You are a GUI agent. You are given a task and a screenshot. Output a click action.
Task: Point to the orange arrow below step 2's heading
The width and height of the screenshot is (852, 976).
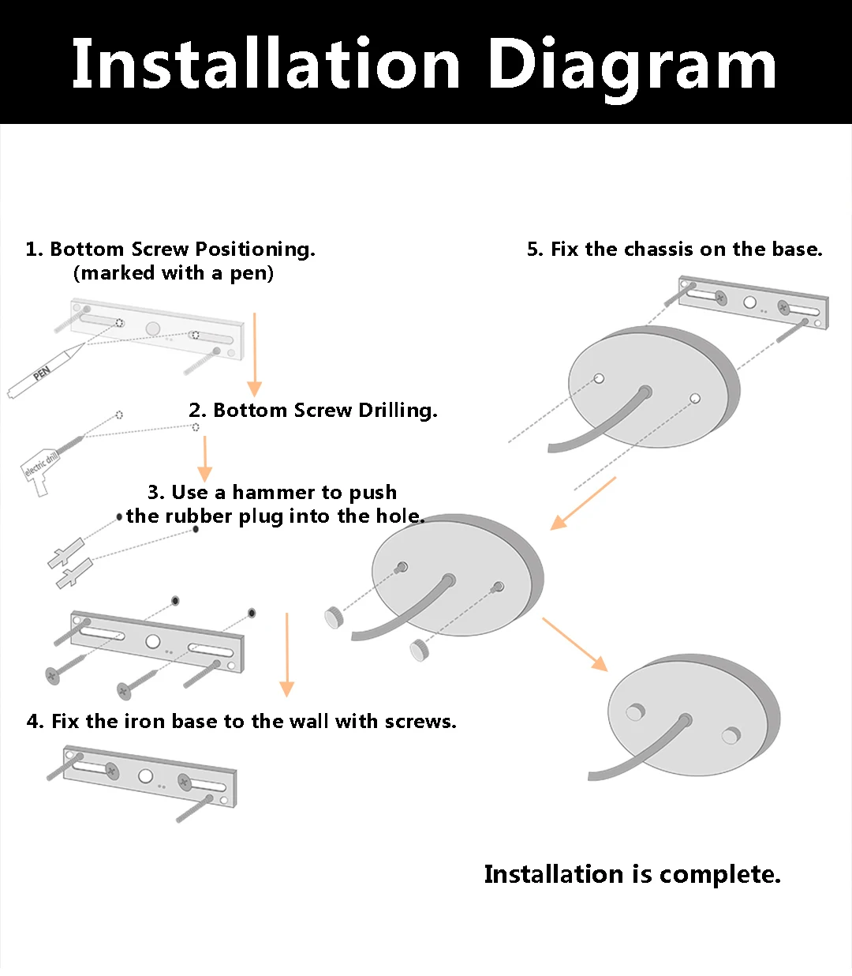point(205,458)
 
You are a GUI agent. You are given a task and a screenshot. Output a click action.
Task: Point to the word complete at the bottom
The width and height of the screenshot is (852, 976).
point(719,874)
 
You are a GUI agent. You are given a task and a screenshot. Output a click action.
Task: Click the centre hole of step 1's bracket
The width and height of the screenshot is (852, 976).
point(153,328)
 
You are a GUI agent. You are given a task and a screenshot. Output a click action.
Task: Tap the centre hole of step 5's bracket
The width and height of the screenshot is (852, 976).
point(750,302)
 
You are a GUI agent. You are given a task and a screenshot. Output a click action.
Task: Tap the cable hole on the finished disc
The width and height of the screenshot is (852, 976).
point(686,720)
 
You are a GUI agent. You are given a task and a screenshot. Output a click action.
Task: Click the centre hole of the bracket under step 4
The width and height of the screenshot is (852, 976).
point(145,776)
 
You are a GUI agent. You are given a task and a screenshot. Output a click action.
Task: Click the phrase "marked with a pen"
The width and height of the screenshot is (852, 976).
point(174,273)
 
